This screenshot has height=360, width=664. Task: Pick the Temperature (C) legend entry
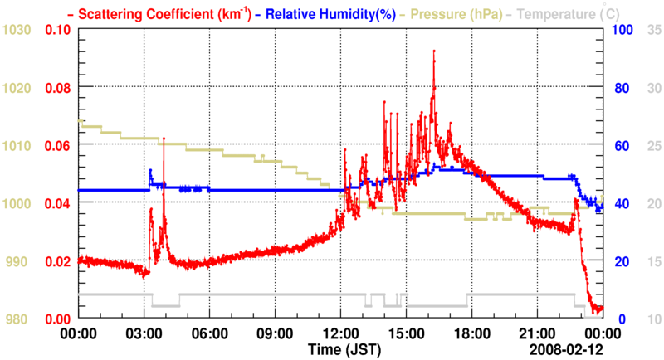(569, 13)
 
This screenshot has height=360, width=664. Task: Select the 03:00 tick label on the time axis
(144, 333)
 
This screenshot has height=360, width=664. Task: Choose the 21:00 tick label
(538, 333)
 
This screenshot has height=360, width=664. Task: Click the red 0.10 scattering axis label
(58, 30)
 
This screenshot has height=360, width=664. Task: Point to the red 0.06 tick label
(58, 146)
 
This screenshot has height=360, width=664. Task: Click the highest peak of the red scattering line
(433, 51)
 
